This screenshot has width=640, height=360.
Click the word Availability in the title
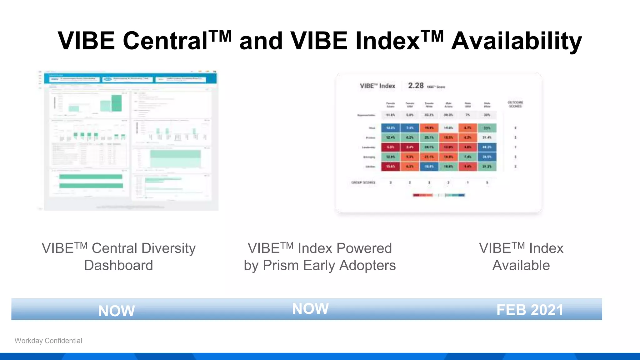coord(516,41)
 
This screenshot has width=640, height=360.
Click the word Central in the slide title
coord(165,41)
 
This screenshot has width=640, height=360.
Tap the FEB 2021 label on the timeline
coord(530,310)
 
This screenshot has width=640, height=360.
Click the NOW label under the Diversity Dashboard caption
coord(116,311)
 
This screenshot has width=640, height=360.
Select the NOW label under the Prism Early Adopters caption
coord(310,309)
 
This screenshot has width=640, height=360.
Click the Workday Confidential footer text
coord(48,341)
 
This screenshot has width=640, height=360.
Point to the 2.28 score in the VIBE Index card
coord(416,86)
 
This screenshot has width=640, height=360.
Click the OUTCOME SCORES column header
coord(515,104)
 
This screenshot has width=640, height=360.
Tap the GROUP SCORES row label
coord(363,182)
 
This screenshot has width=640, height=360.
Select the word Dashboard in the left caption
coord(118,265)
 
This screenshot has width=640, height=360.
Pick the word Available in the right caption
coord(521,265)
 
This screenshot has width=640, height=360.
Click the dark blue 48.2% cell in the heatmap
coord(487,147)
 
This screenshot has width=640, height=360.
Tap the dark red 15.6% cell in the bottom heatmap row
coord(390,167)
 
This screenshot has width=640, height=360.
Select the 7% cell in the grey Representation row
coord(467,115)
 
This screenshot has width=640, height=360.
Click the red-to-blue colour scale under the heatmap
coord(439,195)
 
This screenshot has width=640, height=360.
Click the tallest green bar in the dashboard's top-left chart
coord(117,103)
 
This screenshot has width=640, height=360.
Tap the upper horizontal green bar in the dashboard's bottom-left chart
coord(91,177)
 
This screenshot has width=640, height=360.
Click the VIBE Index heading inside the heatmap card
coord(377,86)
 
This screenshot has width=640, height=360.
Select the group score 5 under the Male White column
coord(487,182)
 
